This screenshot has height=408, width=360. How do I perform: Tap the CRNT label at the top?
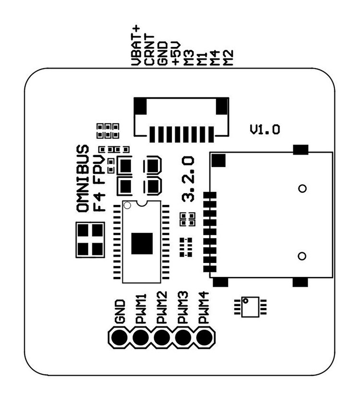[x=150, y=49]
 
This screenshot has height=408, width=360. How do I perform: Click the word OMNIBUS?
[x=83, y=178]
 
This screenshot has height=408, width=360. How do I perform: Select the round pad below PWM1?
[x=140, y=338]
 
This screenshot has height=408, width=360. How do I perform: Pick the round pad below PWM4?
[x=204, y=338]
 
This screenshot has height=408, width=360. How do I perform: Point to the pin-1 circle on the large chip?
[x=127, y=205]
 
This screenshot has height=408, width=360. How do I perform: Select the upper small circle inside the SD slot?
[x=302, y=188]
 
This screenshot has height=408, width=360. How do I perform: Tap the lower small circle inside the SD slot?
[x=302, y=255]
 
